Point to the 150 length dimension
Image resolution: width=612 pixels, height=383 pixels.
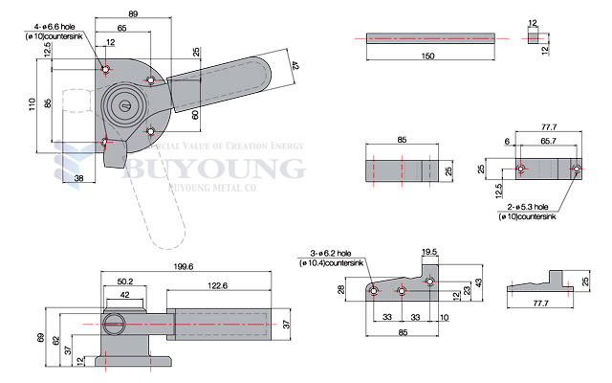coord(426,56)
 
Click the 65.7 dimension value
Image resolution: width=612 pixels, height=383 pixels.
coord(547,140)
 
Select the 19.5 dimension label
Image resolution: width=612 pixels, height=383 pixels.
coord(429,253)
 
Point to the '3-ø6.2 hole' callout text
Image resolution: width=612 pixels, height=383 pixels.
coord(330,253)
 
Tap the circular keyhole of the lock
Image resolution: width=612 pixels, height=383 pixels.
coord(122,106)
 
